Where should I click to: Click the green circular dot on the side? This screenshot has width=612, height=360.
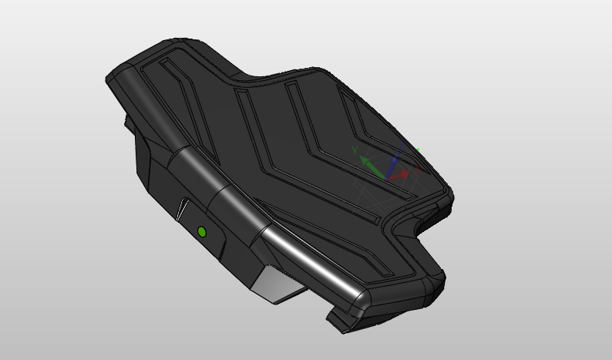[202, 232]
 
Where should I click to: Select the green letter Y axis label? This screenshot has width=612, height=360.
[355, 150]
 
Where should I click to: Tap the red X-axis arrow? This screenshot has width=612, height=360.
[398, 176]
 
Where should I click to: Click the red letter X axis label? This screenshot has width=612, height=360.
[418, 170]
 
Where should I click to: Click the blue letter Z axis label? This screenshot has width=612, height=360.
[402, 144]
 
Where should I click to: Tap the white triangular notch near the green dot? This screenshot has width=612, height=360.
[182, 209]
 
